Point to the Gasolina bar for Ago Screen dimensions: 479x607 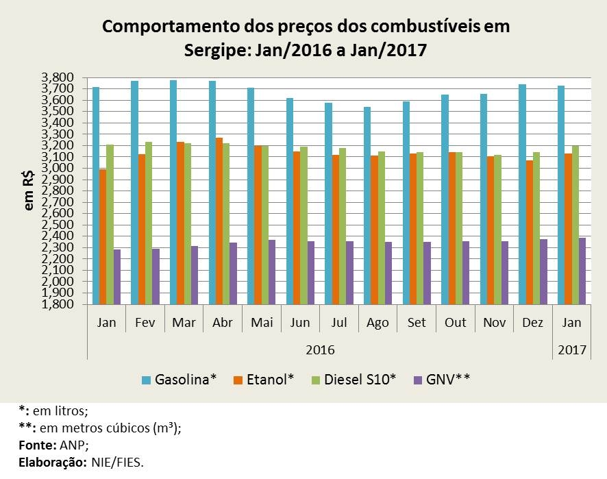click(x=367, y=206)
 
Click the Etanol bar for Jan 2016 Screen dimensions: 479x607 click(x=103, y=236)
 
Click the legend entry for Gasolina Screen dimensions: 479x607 click(x=179, y=379)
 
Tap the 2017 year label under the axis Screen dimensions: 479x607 click(x=572, y=349)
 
